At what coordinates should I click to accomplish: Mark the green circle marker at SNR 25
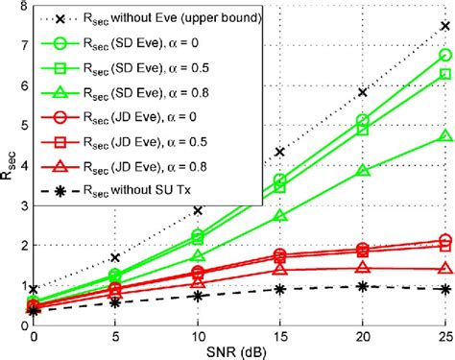(x=444, y=56)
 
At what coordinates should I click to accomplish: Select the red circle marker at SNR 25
(x=444, y=241)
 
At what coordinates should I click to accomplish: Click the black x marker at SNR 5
(x=115, y=257)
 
